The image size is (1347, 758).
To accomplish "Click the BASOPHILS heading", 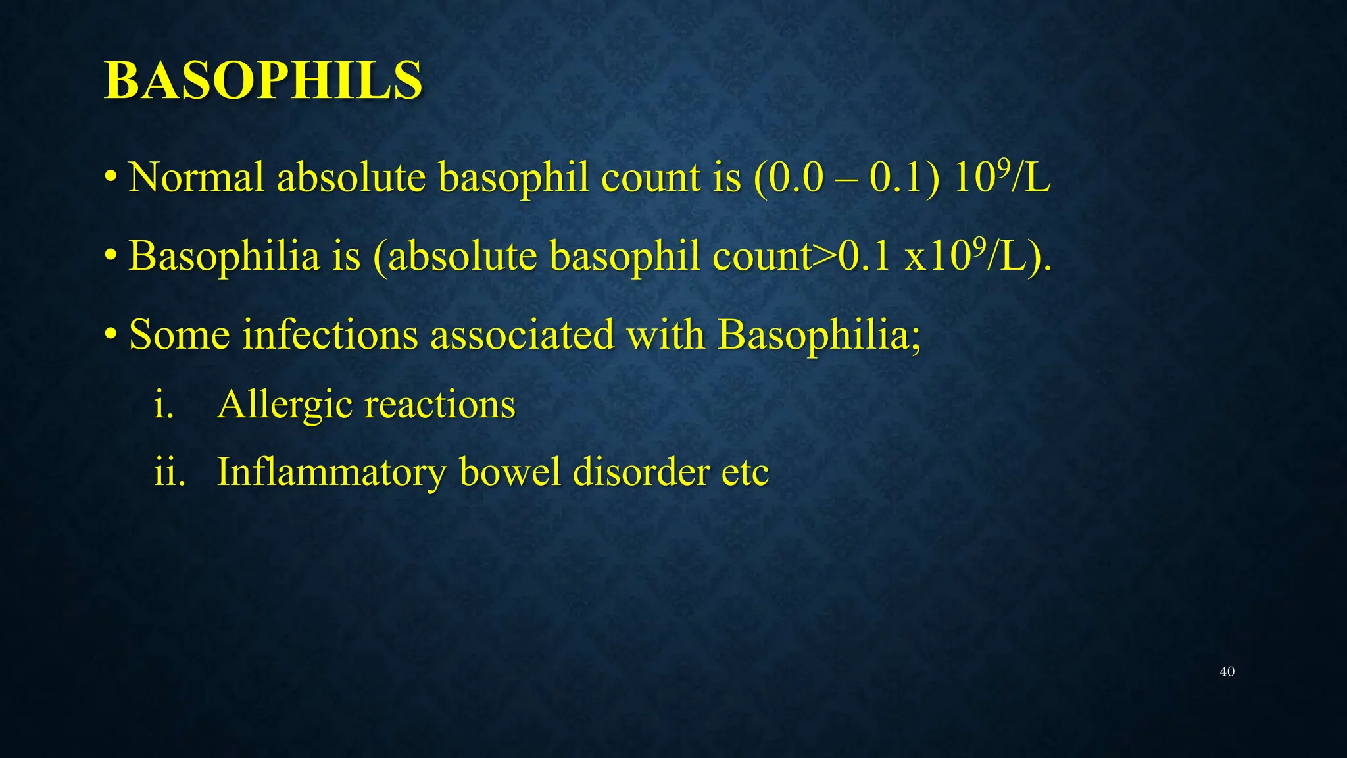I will point(263,80).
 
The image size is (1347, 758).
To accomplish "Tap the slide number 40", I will point(1227,672).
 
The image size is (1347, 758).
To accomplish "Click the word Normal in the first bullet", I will point(195,178).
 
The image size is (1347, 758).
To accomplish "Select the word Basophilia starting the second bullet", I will point(224,257).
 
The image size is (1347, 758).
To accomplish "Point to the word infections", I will point(330,335).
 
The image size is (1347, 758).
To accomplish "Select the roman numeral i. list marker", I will point(163,404).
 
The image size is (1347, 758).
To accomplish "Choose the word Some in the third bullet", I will point(179,335).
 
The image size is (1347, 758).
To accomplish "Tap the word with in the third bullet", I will point(665,335).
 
